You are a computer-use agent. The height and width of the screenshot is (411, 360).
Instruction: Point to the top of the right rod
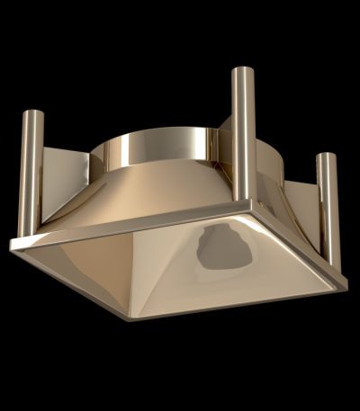coord(328,156)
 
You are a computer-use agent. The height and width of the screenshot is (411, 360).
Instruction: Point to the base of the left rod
coord(33,236)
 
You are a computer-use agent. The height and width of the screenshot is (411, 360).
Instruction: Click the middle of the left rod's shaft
coord(34,175)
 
